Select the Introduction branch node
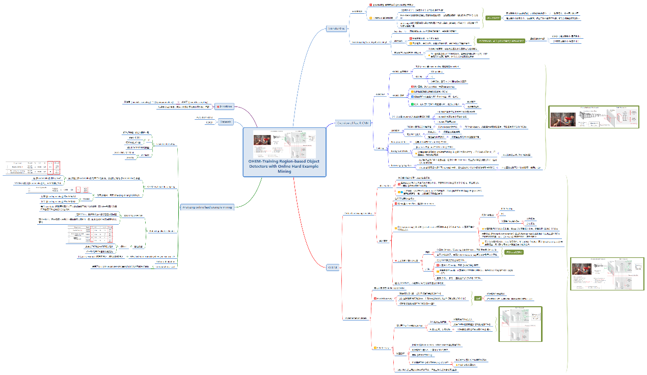pos(337,29)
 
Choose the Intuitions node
pos(224,106)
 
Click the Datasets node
pos(226,122)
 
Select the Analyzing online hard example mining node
pos(207,207)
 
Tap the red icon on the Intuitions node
pos(218,106)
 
